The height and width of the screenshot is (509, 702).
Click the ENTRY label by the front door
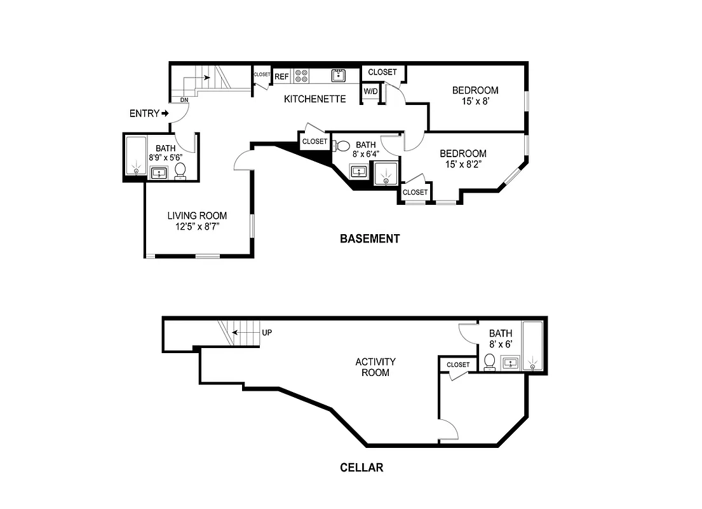click(145, 114)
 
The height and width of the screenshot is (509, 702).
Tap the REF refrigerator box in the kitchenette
click(281, 77)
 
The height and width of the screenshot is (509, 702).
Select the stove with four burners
click(301, 76)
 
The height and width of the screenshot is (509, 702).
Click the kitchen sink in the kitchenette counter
click(339, 76)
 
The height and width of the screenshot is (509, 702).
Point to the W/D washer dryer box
click(370, 92)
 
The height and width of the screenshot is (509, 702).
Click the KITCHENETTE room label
click(314, 99)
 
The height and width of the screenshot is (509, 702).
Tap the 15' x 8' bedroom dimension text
click(475, 101)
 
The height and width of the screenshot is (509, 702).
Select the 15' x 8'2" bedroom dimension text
click(463, 164)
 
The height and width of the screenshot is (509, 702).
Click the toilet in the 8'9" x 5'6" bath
click(180, 171)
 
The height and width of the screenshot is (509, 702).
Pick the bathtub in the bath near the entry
click(135, 155)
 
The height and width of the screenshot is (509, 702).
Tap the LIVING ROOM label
click(197, 216)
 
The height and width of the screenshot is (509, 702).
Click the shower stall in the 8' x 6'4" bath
click(386, 174)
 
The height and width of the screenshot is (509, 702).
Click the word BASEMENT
click(370, 239)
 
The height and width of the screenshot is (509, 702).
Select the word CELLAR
click(361, 468)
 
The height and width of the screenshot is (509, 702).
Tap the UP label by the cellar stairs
click(267, 332)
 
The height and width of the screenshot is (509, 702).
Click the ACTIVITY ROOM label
click(375, 367)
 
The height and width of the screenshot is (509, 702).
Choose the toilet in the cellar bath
click(489, 361)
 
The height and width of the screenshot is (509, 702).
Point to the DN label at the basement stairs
click(184, 100)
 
